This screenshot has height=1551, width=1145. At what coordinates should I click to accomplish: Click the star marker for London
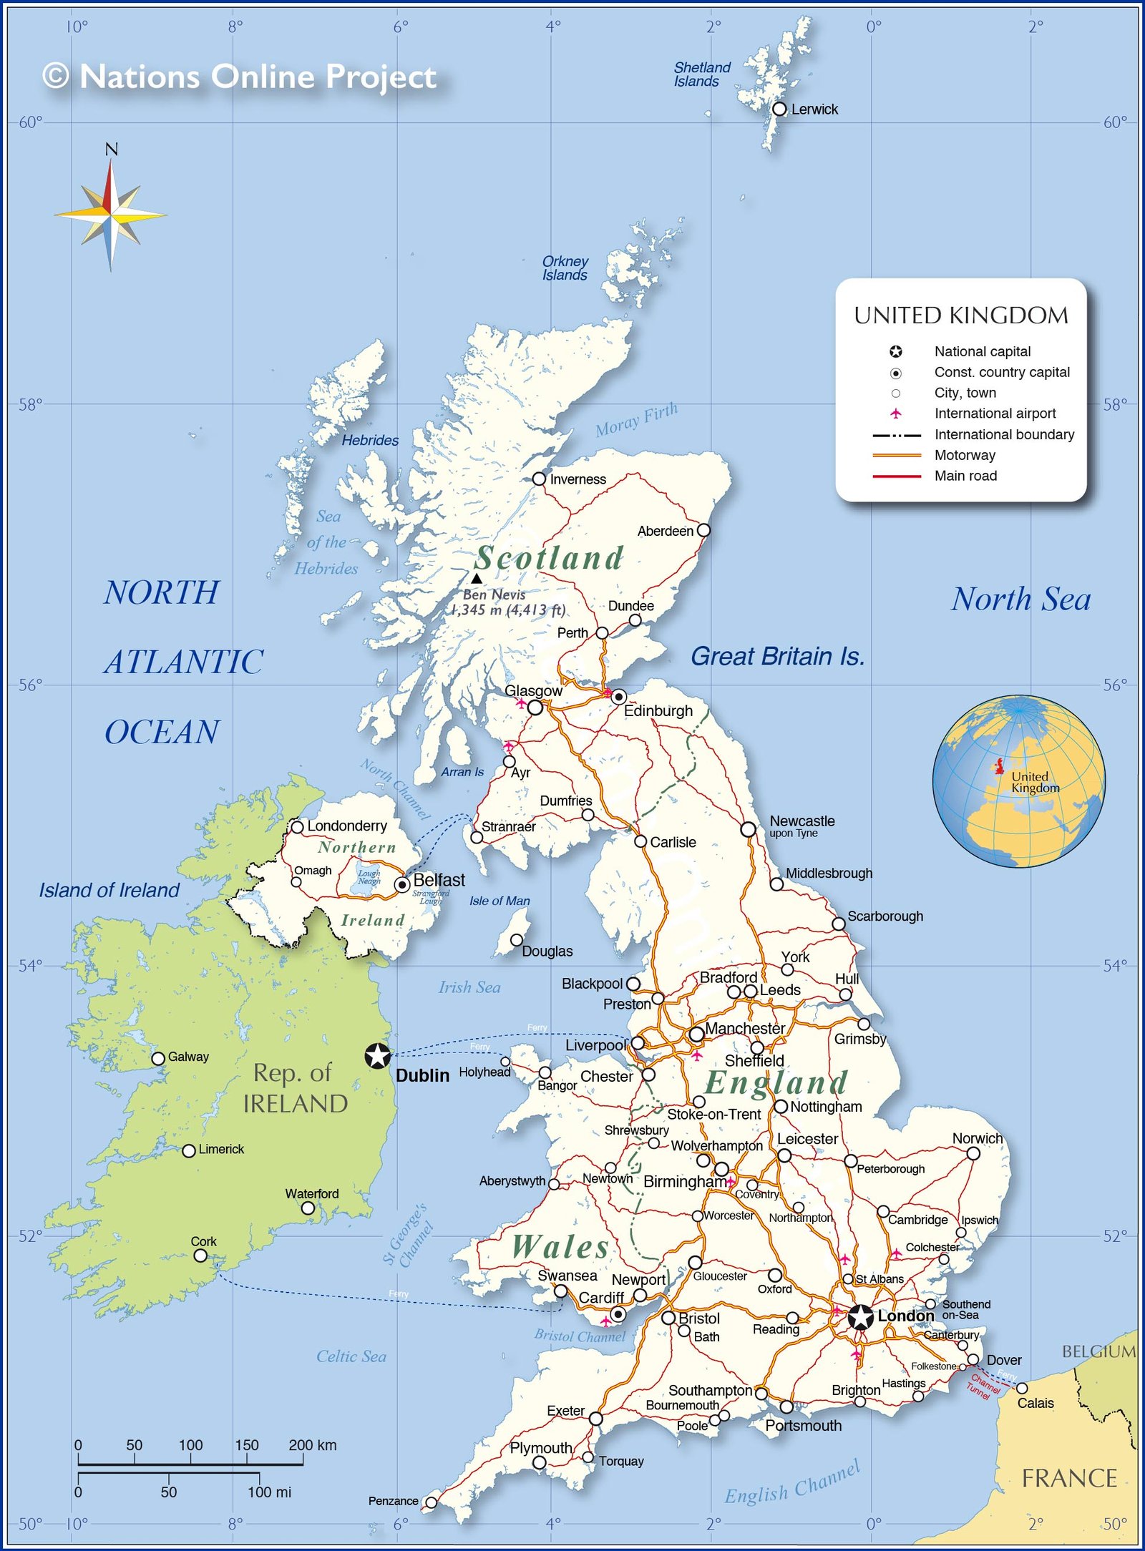(861, 1317)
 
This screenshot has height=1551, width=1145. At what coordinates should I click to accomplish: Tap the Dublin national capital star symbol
(377, 1056)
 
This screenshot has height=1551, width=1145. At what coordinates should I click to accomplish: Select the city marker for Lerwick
(779, 109)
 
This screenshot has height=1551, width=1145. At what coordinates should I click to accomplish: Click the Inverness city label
(578, 479)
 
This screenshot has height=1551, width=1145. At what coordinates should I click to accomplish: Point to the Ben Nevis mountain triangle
(477, 578)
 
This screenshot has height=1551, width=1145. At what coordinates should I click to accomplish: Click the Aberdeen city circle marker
(703, 530)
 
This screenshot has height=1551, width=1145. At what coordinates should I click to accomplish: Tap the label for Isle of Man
(500, 901)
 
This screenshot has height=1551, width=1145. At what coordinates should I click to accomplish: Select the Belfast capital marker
(402, 885)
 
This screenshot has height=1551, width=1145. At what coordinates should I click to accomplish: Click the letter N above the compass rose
(111, 150)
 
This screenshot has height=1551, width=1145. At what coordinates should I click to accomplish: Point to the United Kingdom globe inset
(1018, 781)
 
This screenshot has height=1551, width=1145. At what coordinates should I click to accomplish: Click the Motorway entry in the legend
(964, 455)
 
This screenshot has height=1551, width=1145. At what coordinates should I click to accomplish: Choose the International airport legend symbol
(895, 414)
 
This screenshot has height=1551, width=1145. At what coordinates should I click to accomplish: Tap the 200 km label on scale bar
(312, 1444)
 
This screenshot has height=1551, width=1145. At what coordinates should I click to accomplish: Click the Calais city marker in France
(1022, 1388)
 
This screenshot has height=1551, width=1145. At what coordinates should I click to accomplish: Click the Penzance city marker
(431, 1502)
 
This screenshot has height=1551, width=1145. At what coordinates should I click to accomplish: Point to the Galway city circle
(158, 1058)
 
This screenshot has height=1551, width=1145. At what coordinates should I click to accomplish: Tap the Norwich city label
(977, 1138)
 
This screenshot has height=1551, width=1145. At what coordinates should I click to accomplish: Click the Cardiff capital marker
(618, 1314)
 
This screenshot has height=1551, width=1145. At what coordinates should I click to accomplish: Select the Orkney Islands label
(565, 268)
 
